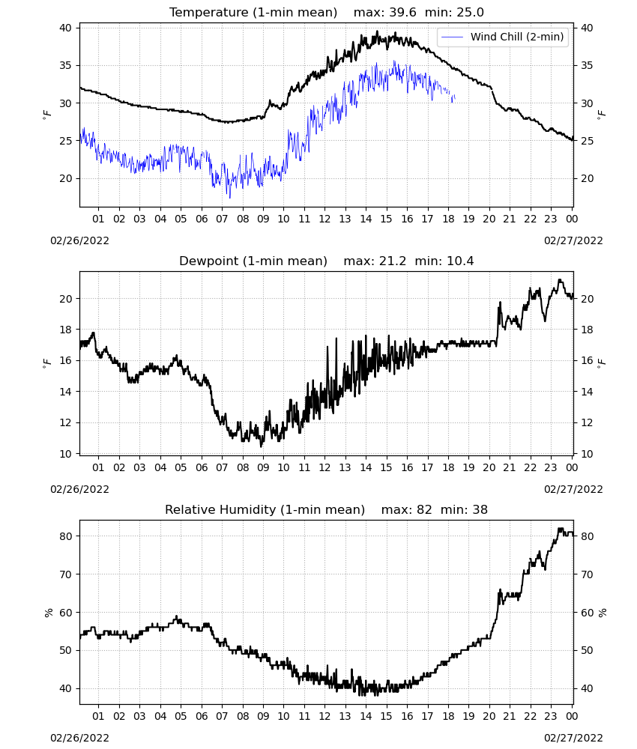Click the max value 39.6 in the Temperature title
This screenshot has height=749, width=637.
pos(402,13)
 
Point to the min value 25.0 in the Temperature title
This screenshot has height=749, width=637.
pos(470,13)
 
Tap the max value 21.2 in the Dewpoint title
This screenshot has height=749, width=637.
pos(393,261)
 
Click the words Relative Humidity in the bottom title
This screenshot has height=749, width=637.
pos(220,509)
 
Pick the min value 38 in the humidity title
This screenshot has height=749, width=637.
pos(480,509)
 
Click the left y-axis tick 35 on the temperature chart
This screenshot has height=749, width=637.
pos(65,65)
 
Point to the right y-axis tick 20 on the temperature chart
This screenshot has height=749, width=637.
pos(586,179)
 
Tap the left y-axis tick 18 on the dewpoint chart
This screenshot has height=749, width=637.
pos(65,330)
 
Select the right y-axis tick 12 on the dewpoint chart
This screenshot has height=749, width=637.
pos(586,422)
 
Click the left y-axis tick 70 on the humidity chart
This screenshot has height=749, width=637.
pos(65,574)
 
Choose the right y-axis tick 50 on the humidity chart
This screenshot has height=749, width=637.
pos(586,651)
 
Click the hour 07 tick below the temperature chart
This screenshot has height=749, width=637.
pos(222,219)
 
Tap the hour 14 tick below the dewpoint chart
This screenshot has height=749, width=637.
pos(366,467)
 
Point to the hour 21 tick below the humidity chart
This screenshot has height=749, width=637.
pos(510,717)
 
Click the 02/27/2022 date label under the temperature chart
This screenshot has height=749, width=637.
pos(573,240)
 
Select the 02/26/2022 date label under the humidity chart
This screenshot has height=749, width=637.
pos(79,738)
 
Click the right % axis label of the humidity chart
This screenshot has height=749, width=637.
pos(602,613)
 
